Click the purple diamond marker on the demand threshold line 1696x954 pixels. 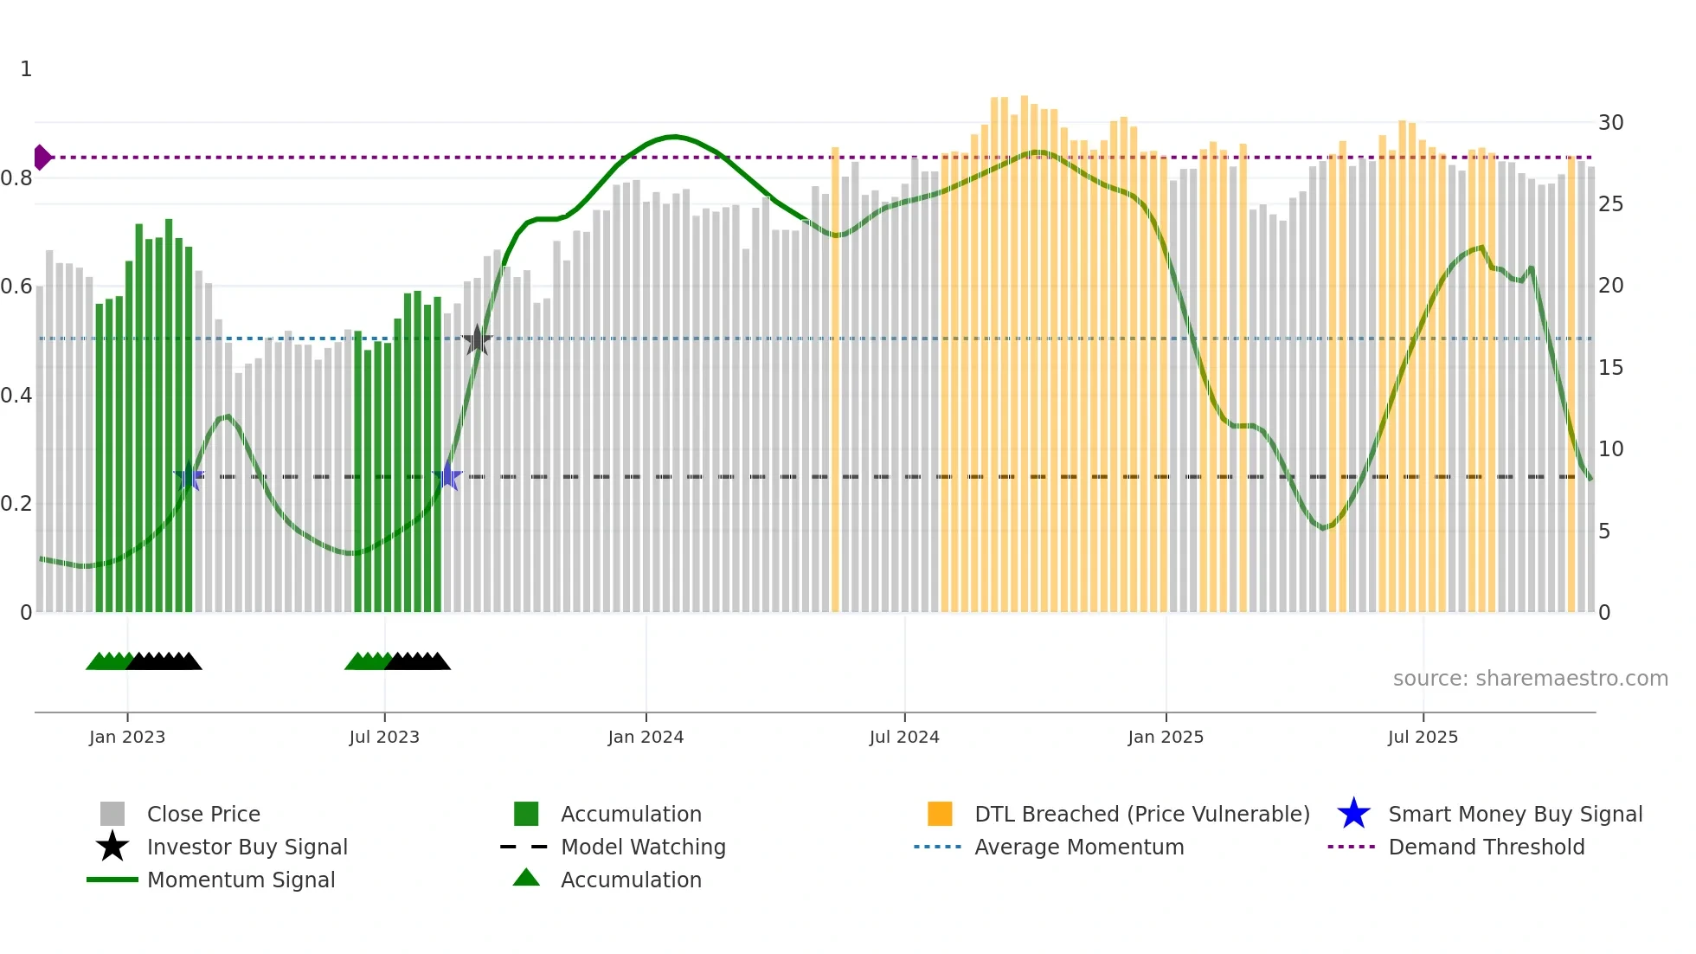pos(42,158)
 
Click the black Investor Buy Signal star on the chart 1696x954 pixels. pos(477,340)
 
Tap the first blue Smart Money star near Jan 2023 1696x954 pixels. pos(189,477)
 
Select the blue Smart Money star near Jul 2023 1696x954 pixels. pos(447,476)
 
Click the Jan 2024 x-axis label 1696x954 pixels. pos(646,737)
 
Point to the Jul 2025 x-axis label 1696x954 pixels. pos(1423,737)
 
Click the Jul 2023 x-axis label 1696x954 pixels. pos(384,737)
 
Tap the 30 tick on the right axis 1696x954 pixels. pos(1610,123)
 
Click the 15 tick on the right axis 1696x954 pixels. pos(1610,368)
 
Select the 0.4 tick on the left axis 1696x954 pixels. pos(17,396)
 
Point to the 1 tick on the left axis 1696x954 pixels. pos(26,69)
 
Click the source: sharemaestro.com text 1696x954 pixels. pos(1530,679)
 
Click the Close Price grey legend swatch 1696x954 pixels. pos(112,814)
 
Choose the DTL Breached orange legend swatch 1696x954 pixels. pos(940,814)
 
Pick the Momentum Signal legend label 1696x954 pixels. pos(241,880)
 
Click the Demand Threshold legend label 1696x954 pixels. pos(1486,847)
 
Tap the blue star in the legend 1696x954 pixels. pos(1353,814)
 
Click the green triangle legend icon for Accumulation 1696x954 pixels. pos(526,878)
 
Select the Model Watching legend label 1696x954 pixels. pos(643,847)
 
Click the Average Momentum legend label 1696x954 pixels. pos(1079,847)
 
